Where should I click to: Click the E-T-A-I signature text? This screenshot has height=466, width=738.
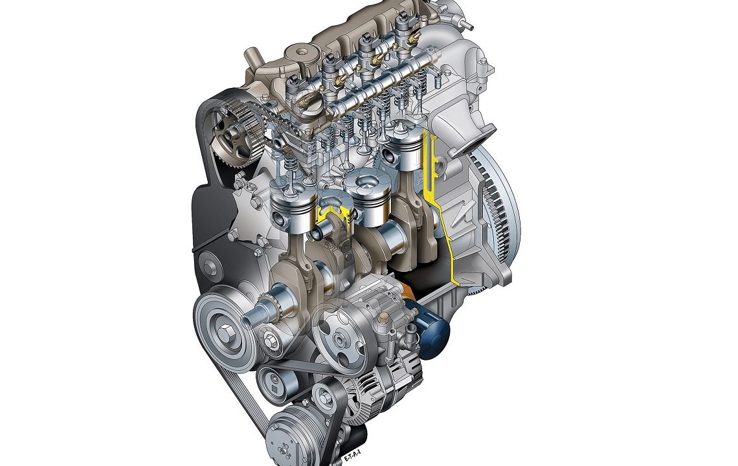click(352, 456)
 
